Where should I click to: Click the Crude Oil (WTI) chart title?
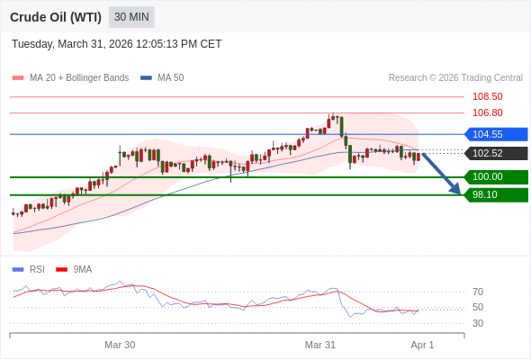click(x=56, y=17)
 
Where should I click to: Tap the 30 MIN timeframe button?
click(x=131, y=17)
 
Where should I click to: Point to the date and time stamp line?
click(x=116, y=44)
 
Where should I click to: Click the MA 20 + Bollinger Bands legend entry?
click(x=70, y=78)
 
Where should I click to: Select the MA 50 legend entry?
click(x=162, y=78)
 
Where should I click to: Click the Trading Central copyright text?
click(x=455, y=78)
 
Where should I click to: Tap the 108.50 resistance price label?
click(x=487, y=96)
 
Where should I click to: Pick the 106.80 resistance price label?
click(x=487, y=112)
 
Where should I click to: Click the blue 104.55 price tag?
click(x=496, y=134)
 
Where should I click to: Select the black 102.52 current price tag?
click(x=496, y=153)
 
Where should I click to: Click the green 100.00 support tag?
click(x=496, y=176)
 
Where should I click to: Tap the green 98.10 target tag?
click(x=496, y=194)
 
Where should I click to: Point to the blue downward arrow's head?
click(x=456, y=189)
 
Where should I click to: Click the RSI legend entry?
click(x=29, y=270)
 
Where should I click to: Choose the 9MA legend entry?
click(x=74, y=270)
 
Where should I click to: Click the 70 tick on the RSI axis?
click(x=478, y=292)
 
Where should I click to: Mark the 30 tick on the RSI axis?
click(x=478, y=323)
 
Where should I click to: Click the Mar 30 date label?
click(x=120, y=345)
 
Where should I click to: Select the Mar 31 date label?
click(x=320, y=345)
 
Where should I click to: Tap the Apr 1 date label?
click(x=422, y=345)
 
